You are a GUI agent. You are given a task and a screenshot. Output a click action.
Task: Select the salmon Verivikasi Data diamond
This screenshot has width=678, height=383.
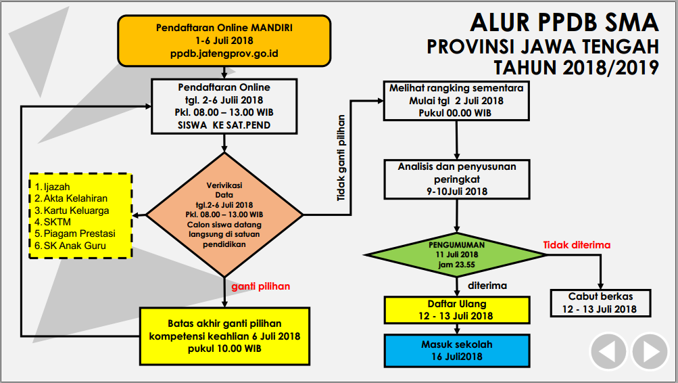click(x=224, y=216)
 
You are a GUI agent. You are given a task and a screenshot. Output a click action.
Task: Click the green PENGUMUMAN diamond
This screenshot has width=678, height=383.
click(x=456, y=254)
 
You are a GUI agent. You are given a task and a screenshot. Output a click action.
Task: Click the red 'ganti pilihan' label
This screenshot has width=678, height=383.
click(x=260, y=286)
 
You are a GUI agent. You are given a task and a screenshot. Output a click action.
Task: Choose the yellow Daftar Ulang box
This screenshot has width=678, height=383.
click(x=457, y=310)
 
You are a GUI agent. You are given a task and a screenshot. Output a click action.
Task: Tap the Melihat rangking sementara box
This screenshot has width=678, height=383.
click(x=456, y=100)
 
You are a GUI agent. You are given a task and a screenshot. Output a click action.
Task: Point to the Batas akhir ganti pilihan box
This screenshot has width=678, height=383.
click(x=224, y=336)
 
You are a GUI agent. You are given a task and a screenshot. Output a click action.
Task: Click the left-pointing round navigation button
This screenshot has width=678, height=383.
click(x=608, y=351)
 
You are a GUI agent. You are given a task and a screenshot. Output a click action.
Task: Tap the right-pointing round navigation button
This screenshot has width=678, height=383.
click(x=650, y=351)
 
